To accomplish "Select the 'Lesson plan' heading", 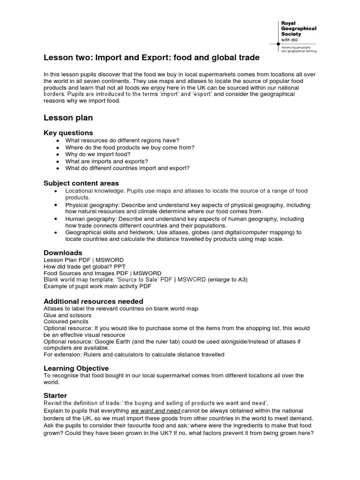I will point(68,118).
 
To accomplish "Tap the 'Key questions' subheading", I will point(68,133).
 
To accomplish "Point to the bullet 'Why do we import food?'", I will point(98,154).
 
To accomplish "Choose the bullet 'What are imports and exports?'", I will point(106,161).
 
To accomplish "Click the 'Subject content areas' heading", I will point(81,183).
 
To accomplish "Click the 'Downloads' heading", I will point(63,253).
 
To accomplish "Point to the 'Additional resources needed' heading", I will point(93,301).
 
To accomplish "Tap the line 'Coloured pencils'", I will point(66,322).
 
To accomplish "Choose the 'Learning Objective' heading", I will point(76,368).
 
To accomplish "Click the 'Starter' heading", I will point(55,396).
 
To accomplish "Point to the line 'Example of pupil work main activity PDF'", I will point(97,286).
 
